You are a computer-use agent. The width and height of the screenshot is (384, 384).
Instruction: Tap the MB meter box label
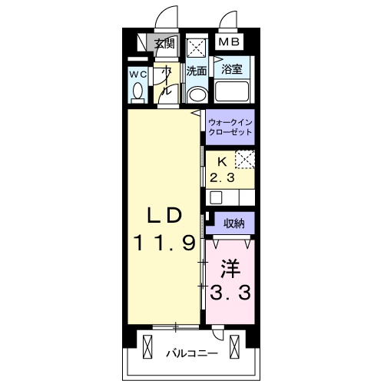pyautogui.click(x=229, y=41)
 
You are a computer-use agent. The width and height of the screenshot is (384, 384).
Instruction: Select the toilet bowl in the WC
pyautogui.click(x=138, y=91)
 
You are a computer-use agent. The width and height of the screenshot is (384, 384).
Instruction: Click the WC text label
pyautogui.click(x=137, y=74)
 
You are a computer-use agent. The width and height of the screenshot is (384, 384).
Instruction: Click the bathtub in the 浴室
pyautogui.click(x=232, y=91)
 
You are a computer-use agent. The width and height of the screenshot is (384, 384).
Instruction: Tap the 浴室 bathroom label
pyautogui.click(x=232, y=69)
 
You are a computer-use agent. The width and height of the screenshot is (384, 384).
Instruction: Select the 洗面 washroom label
pyautogui.click(x=197, y=71)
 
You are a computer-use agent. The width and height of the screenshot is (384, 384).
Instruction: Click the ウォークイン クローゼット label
pyautogui.click(x=230, y=127)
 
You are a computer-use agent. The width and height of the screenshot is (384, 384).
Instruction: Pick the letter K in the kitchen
pyautogui.click(x=222, y=162)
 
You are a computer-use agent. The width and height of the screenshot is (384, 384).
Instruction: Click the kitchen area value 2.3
pyautogui.click(x=222, y=177)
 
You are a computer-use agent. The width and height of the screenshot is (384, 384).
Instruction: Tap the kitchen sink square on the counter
pyautogui.click(x=216, y=198)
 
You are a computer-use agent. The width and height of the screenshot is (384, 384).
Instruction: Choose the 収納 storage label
pyautogui.click(x=234, y=224)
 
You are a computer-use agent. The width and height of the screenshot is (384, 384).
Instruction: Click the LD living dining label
pyautogui.click(x=164, y=216)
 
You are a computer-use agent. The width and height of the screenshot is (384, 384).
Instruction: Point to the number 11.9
pyautogui.click(x=164, y=243)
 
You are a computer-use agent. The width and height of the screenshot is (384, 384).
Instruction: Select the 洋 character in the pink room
pyautogui.click(x=230, y=269)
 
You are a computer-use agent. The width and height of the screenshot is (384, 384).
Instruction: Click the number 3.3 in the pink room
pyautogui.click(x=230, y=293)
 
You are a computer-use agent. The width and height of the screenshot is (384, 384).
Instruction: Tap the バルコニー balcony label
pyautogui.click(x=192, y=354)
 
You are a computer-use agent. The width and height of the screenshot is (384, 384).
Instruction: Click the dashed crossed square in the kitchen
pyautogui.click(x=245, y=160)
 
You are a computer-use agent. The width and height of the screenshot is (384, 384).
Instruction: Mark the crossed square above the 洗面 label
pyautogui.click(x=197, y=48)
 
